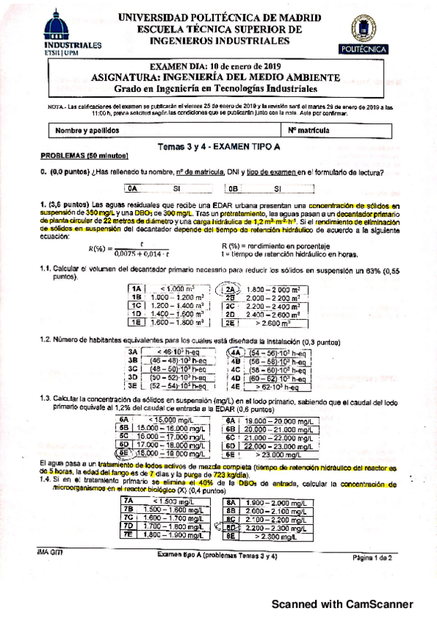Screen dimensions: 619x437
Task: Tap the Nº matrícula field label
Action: [309, 131]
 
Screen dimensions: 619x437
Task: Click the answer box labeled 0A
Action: [132, 188]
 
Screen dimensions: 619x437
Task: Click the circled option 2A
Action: [227, 289]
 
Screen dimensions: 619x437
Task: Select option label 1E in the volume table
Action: [134, 321]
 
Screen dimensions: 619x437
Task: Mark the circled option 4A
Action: [236, 352]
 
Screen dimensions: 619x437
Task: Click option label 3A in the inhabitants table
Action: [133, 352]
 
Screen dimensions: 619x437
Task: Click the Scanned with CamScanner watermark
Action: [343, 603]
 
